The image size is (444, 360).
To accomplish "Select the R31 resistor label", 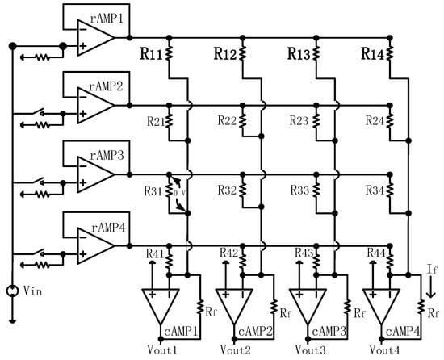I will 155,190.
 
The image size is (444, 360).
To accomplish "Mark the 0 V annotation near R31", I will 178,194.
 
